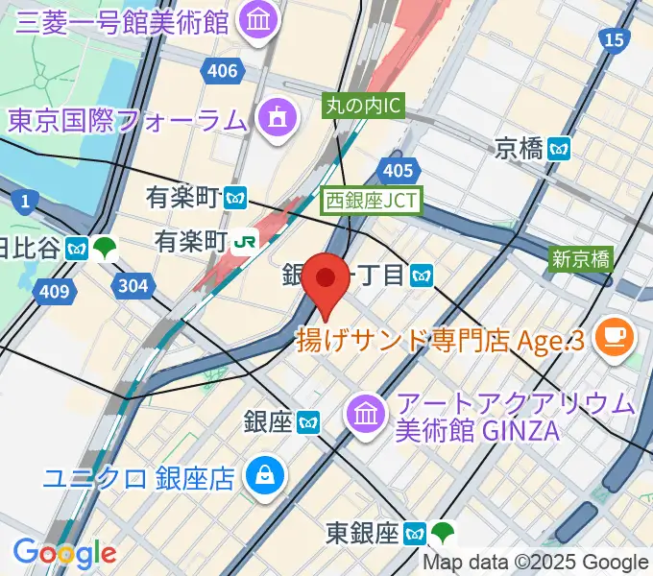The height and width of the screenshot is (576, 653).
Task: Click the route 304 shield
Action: (130, 284)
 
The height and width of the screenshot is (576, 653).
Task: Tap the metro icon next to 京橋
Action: (560, 148)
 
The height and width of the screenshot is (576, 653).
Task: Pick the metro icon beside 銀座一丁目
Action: (420, 276)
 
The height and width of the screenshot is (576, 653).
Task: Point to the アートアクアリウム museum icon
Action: (366, 414)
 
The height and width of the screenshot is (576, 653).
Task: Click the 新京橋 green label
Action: (581, 258)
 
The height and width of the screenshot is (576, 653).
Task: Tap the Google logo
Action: (63, 553)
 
